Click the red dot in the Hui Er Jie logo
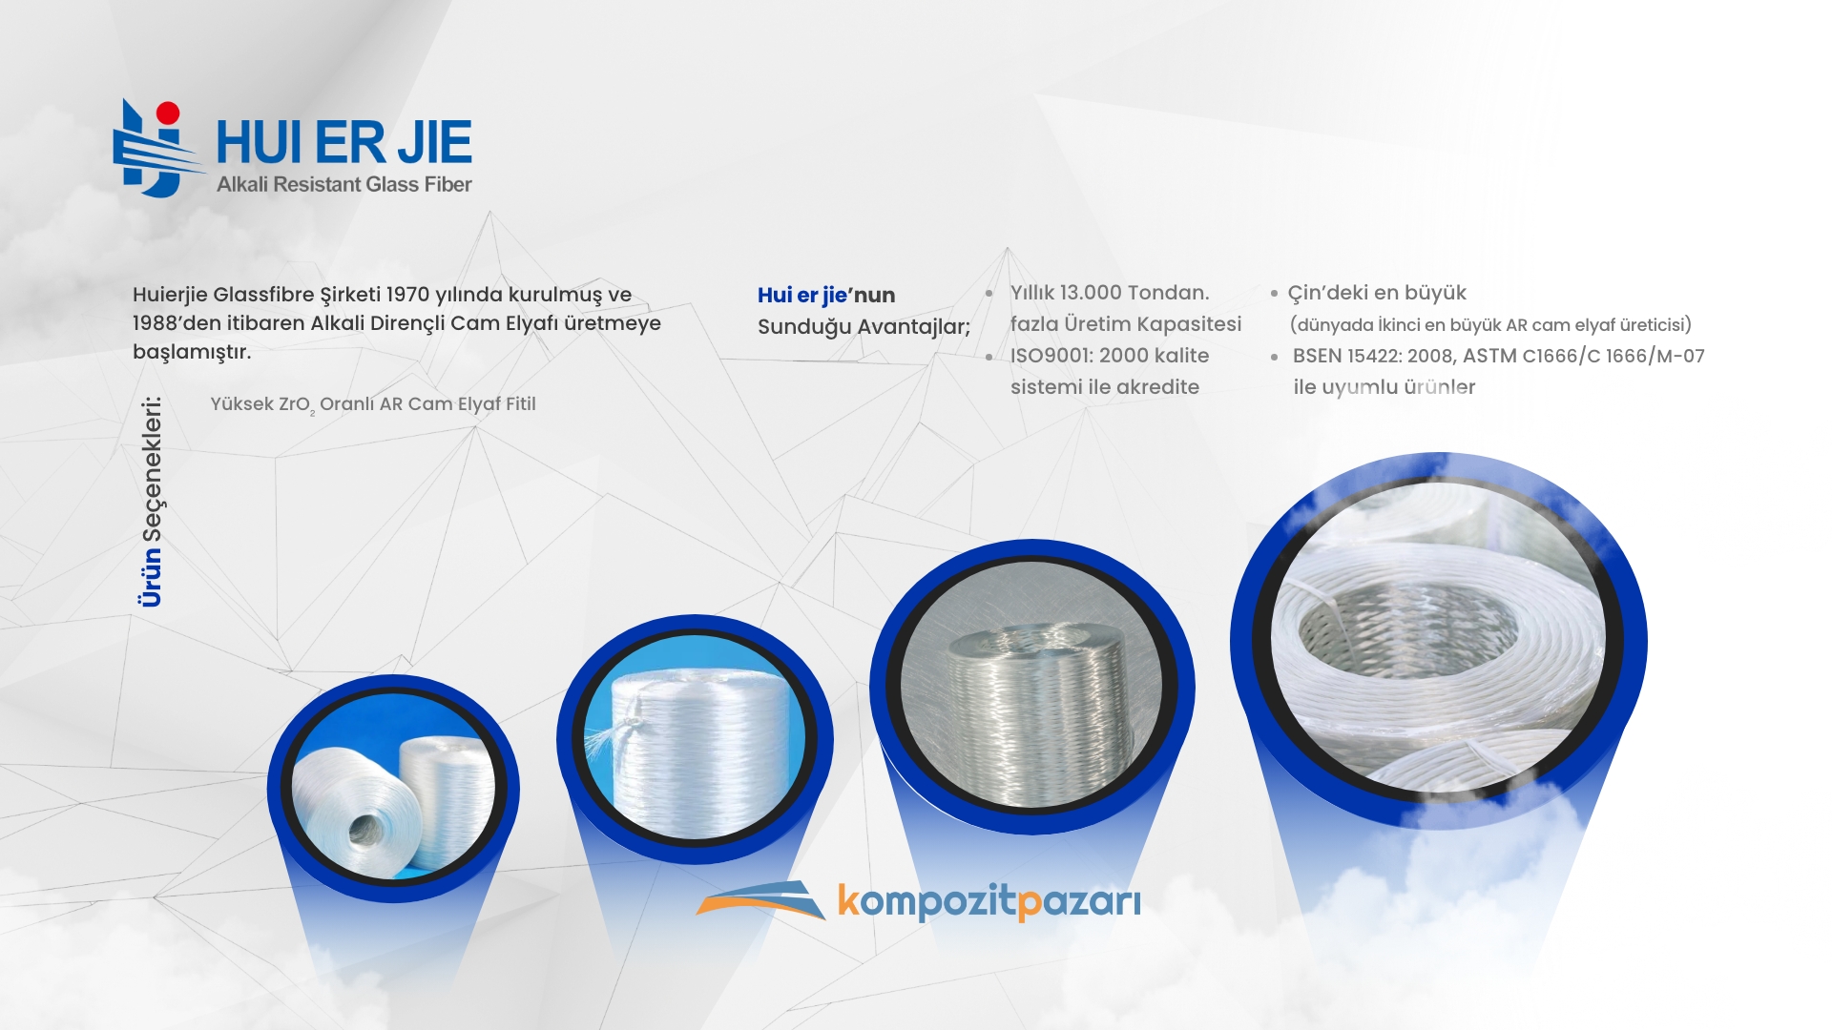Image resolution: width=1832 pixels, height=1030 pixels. (x=169, y=113)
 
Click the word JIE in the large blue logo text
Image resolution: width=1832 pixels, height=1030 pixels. (x=434, y=143)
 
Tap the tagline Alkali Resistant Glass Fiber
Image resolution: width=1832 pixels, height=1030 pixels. (x=343, y=184)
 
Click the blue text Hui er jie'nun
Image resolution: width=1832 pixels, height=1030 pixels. (x=826, y=296)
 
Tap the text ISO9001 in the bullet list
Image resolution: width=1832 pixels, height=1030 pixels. (x=1050, y=356)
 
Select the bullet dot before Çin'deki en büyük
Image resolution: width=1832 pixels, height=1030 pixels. (x=1274, y=294)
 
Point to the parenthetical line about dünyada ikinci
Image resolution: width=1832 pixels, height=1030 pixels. (x=1490, y=325)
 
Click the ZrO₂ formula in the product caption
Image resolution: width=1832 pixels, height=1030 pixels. (x=296, y=405)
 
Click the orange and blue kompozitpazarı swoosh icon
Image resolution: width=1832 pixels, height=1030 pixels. (x=760, y=899)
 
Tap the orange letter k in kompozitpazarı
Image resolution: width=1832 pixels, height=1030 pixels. (x=847, y=899)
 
